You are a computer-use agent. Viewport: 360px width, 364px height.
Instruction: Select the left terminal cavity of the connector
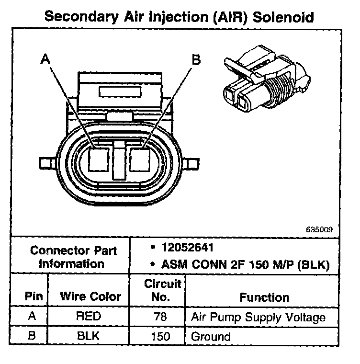point(99,159)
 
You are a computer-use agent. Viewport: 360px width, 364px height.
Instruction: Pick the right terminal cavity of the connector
point(142,159)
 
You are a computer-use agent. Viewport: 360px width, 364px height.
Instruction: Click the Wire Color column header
point(90,296)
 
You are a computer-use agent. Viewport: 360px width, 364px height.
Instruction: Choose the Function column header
point(264,297)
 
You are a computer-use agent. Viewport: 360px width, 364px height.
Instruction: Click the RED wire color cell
point(90,317)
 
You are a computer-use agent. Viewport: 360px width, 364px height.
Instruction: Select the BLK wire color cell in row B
point(90,336)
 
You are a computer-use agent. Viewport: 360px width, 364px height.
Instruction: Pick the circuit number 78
point(157,317)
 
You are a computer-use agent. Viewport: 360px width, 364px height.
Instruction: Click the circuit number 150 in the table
point(157,336)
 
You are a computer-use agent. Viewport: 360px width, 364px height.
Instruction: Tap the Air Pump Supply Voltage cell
point(258,317)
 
